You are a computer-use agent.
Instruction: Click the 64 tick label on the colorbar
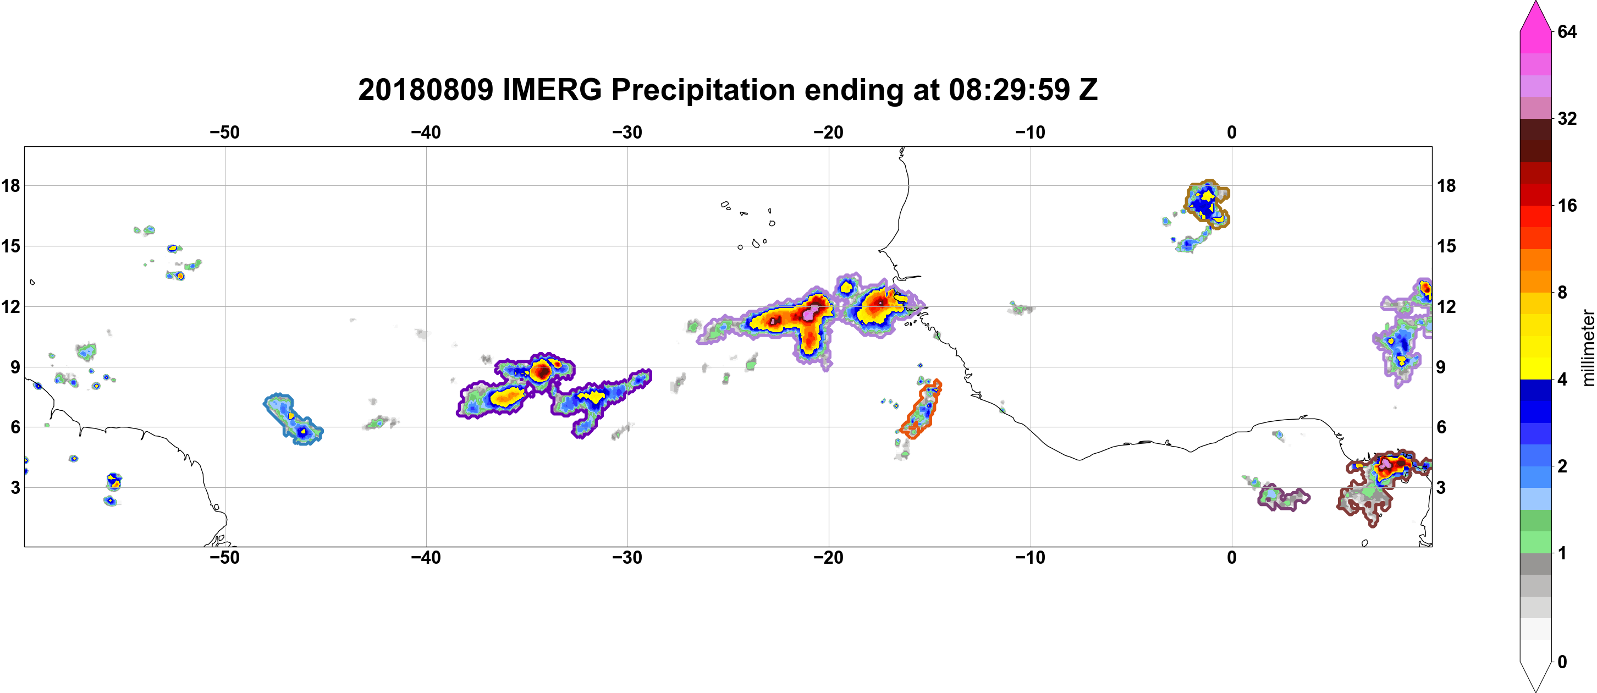[x=1567, y=31]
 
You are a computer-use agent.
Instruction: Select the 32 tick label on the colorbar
[x=1567, y=118]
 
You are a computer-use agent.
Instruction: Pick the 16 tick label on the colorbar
[x=1567, y=205]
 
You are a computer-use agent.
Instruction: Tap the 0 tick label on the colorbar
[x=1562, y=662]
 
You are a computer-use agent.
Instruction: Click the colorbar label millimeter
[x=1588, y=348]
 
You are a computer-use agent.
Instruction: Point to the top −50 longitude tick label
[x=224, y=132]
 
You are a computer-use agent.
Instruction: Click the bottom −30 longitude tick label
[x=627, y=557]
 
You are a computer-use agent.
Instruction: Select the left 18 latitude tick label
[x=10, y=185]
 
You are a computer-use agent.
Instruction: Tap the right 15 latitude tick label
[x=1446, y=246]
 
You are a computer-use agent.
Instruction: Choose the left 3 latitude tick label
[x=15, y=487]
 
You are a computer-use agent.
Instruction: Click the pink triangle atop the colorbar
[x=1535, y=15]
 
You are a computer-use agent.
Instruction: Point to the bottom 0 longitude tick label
[x=1231, y=557]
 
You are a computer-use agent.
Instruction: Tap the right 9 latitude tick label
[x=1441, y=367]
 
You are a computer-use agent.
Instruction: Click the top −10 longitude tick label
[x=1031, y=132]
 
